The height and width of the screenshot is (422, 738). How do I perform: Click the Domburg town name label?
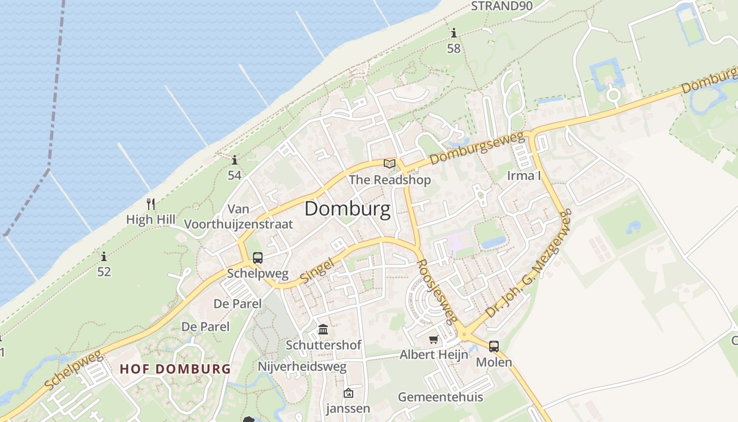click(347, 209)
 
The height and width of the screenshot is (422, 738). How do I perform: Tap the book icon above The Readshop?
click(390, 164)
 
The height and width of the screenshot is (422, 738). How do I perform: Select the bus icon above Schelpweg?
click(257, 258)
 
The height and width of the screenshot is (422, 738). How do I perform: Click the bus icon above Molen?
click(493, 347)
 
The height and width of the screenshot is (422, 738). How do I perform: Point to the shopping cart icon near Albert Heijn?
click(433, 340)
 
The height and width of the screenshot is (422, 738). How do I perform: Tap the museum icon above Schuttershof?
click(323, 330)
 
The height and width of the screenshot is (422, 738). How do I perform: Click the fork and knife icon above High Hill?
click(151, 204)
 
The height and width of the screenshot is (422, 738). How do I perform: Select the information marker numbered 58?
click(454, 34)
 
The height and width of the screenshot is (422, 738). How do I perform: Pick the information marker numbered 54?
click(235, 160)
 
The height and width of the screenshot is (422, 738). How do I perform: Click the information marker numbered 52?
click(104, 257)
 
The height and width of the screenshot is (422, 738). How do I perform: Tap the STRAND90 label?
click(502, 6)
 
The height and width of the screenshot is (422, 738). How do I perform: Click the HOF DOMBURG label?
click(176, 369)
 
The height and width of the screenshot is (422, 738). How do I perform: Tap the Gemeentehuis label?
click(440, 397)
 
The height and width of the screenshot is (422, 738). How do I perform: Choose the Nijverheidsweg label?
click(302, 366)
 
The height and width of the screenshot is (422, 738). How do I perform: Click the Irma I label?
click(524, 176)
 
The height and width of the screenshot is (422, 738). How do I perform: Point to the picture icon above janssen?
click(348, 393)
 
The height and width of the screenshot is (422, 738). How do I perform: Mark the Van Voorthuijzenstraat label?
click(238, 217)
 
